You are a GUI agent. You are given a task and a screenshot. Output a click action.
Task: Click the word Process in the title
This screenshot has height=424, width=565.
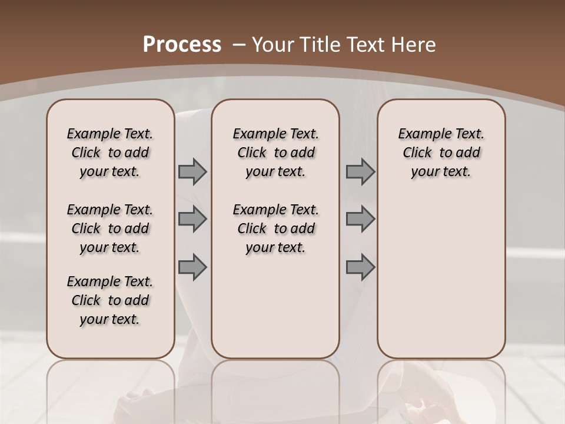[x=182, y=45]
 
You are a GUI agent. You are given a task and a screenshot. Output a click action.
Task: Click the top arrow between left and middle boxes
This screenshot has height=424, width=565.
[x=192, y=172]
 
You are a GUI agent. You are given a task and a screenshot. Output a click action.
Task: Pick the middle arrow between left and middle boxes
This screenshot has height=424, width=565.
[x=192, y=219]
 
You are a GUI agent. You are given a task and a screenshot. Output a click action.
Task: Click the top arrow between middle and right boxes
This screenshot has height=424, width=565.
[x=360, y=172]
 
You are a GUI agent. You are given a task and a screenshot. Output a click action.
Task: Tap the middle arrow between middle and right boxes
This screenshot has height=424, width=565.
[x=360, y=219]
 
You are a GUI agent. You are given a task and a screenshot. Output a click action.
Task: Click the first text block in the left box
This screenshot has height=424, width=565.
[x=110, y=153]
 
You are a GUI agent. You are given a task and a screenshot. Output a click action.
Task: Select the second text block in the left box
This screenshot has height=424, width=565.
[x=110, y=228]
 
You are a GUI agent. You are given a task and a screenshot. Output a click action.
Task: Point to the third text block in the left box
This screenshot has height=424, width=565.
[x=110, y=300]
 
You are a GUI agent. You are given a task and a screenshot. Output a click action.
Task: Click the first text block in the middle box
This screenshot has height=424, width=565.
[x=275, y=153]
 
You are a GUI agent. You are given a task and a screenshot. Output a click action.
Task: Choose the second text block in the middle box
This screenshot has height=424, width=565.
[x=275, y=228]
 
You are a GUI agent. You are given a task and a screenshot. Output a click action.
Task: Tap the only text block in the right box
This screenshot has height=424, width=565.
[x=441, y=153]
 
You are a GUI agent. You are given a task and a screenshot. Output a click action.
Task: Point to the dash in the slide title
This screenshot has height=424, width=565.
[x=240, y=45]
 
